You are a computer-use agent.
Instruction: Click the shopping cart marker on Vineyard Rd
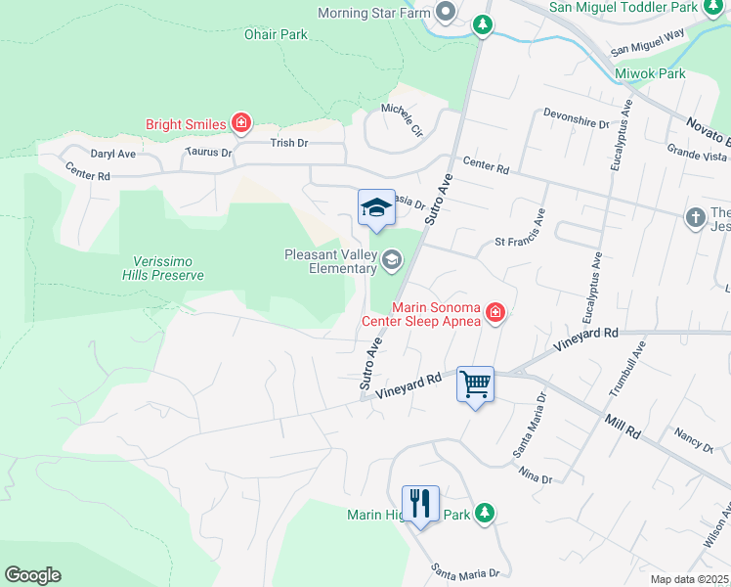pos(475,384)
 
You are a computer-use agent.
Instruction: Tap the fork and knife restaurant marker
pos(420,504)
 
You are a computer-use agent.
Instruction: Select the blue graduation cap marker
pos(376,207)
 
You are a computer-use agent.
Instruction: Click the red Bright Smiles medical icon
pos(240,123)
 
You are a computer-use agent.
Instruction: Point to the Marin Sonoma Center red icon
pos(495,313)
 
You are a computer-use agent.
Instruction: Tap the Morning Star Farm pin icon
pos(447,12)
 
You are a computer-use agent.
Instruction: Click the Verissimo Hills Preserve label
pos(169,268)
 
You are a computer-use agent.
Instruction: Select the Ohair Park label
pos(275,34)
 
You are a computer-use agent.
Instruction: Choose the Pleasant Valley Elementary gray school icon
pos(391,259)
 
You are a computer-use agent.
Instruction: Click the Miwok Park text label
pos(650,73)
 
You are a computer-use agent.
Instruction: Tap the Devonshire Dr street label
pos(577,123)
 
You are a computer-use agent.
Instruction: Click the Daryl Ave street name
pos(112,154)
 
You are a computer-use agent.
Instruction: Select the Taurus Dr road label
pos(208,153)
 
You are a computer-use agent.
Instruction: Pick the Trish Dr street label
pos(288,143)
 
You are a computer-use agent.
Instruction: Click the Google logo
pos(32,575)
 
